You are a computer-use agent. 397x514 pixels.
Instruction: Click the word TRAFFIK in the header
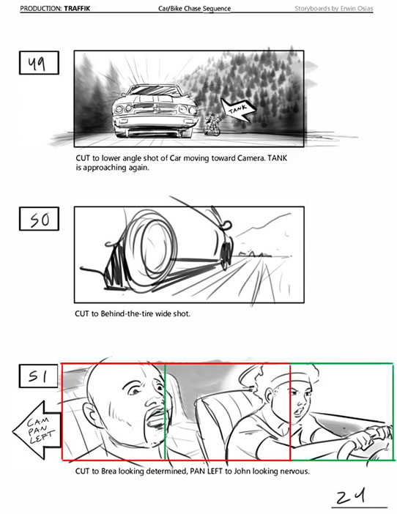pyautogui.click(x=77, y=9)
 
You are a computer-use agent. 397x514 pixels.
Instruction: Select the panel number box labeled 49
pyautogui.click(x=39, y=63)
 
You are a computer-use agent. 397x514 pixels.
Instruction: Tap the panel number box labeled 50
pyautogui.click(x=39, y=219)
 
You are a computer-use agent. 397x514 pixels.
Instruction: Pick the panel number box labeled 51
pyautogui.click(x=38, y=376)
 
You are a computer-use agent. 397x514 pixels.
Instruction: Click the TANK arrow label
pyautogui.click(x=238, y=111)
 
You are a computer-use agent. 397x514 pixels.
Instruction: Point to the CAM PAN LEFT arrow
pyautogui.click(x=37, y=430)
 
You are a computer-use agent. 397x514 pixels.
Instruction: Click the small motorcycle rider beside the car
pyautogui.click(x=212, y=124)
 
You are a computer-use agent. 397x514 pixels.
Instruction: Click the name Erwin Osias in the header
pyautogui.click(x=357, y=9)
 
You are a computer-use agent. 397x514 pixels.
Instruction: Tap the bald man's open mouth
pyautogui.click(x=157, y=420)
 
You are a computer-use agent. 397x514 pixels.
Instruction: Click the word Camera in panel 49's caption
pyautogui.click(x=251, y=158)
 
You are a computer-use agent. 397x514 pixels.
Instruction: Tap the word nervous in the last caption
pyautogui.click(x=296, y=472)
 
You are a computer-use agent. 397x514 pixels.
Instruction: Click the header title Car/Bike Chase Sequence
pyautogui.click(x=194, y=9)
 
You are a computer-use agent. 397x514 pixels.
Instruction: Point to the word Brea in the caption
pyautogui.click(x=109, y=472)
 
